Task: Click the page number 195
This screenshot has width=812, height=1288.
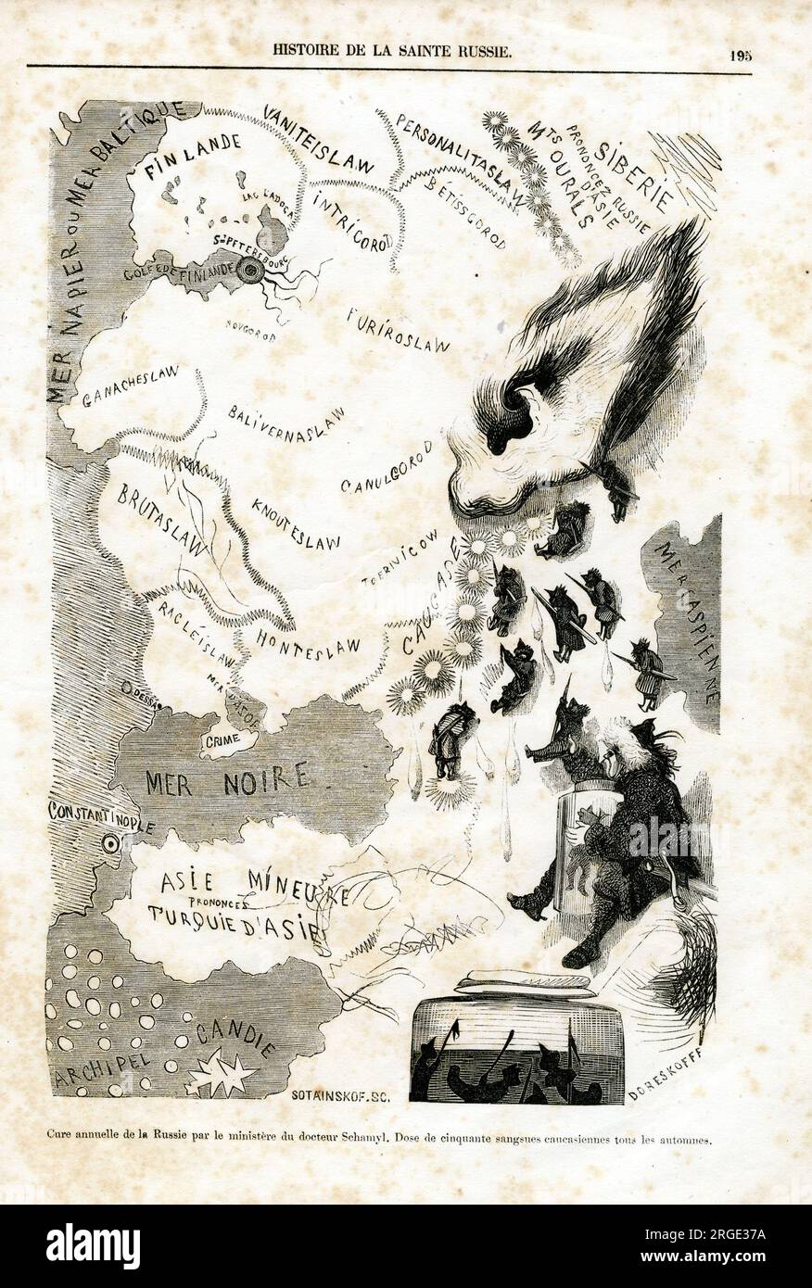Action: (x=740, y=54)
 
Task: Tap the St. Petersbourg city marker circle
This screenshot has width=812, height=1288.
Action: (x=250, y=271)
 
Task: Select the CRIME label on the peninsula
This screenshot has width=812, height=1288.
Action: (x=225, y=741)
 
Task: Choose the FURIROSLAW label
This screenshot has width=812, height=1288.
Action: (x=398, y=330)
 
